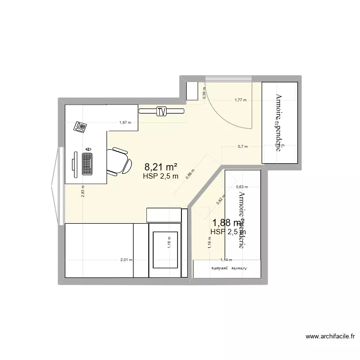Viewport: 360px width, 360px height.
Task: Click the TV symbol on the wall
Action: tap(162, 111)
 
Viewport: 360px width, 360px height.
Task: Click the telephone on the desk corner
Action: tap(80, 127)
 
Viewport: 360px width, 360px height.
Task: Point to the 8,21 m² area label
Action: tap(161, 167)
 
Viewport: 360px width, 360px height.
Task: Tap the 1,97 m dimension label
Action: tap(125, 122)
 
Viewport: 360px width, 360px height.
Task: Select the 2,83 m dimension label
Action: tap(82, 192)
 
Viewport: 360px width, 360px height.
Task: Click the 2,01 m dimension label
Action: tap(126, 260)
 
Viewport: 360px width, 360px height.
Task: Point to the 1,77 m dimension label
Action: tap(240, 100)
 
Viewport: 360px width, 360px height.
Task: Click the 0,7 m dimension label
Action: tap(242, 146)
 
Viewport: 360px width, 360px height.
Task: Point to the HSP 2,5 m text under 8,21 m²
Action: tap(161, 176)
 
